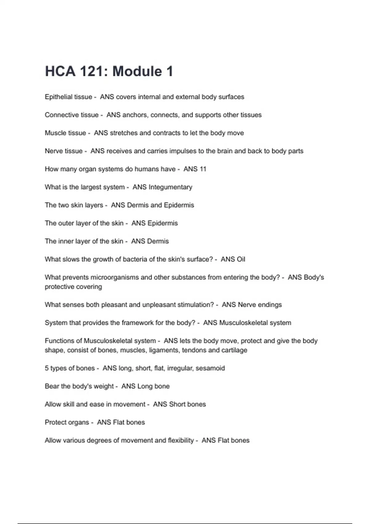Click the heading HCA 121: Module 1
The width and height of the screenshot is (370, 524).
coord(109,72)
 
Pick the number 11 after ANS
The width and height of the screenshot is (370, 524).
coord(203,169)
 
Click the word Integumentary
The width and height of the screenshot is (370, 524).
coord(170,187)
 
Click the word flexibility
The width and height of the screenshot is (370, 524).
coord(181,440)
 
